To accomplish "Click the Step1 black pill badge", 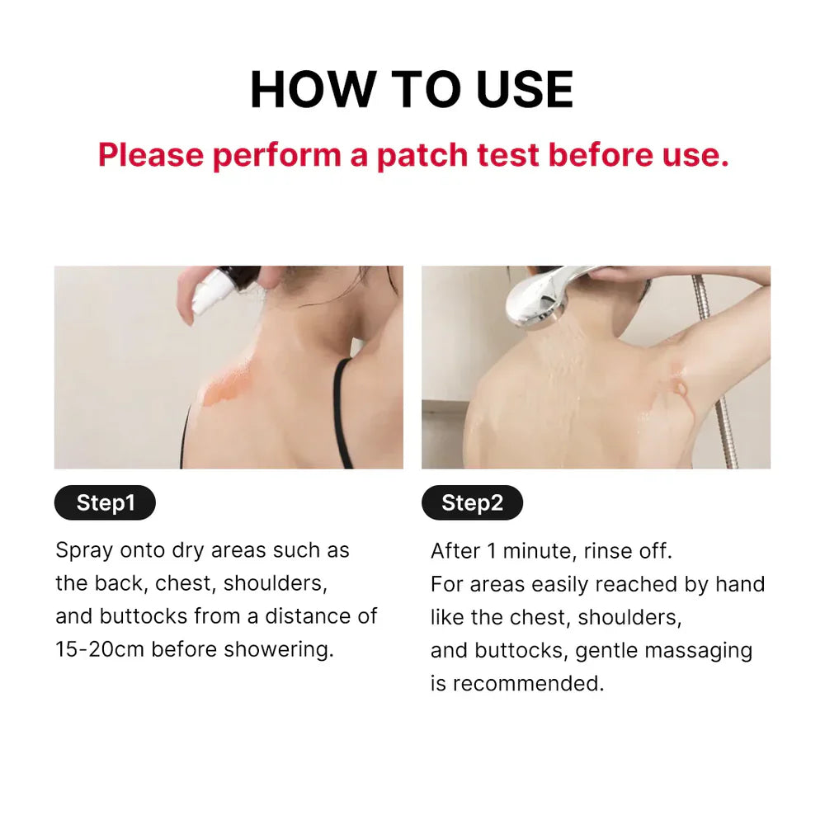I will (x=105, y=503).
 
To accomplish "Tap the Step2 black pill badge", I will (x=472, y=503).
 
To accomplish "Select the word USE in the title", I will (x=524, y=90).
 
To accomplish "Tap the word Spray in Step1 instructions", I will (x=83, y=550).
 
